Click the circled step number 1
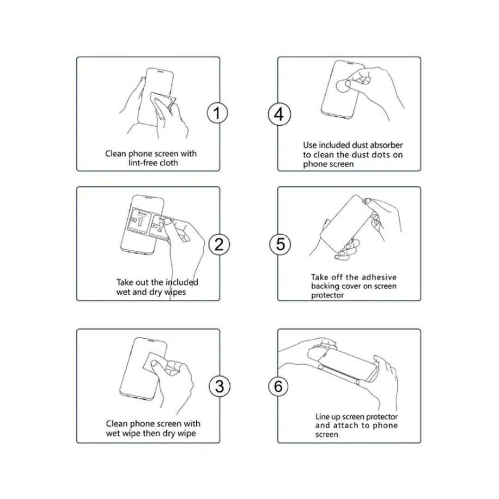pos(217,113)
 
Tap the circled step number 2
pos(219,244)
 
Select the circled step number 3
pos(219,386)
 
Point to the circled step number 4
pos(279,114)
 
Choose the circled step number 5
pos(280,244)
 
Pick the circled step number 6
pos(278,386)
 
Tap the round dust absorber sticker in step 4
pos(343,86)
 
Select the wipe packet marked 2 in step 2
pos(160,225)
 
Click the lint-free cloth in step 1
pos(163,101)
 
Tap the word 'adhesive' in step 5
pos(379,277)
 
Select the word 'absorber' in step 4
pos(388,145)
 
